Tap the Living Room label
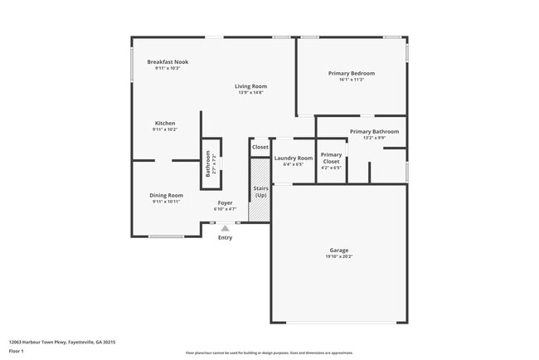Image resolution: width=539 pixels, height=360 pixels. [250, 86]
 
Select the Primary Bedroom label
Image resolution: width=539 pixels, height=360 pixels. [352, 73]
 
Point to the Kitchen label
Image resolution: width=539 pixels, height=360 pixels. [165, 123]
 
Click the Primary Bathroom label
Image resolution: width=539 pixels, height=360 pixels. [374, 131]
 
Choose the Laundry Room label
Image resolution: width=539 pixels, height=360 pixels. [294, 158]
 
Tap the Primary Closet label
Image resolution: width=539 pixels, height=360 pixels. [331, 158]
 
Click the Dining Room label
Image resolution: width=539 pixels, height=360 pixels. [166, 195]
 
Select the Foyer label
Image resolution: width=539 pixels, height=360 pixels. [225, 202]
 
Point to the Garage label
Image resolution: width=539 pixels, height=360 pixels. [338, 250]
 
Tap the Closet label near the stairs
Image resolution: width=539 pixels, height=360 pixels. [260, 147]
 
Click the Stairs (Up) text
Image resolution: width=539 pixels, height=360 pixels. [260, 192]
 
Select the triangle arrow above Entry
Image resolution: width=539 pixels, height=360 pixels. [225, 227]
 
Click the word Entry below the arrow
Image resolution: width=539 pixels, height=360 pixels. [225, 238]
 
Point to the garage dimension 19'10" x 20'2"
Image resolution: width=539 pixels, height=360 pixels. [338, 257]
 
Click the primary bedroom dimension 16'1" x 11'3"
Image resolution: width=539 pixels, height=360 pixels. [352, 80]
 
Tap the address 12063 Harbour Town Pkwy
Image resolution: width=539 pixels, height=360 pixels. [62, 342]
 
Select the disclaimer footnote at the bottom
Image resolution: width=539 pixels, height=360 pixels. [269, 353]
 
